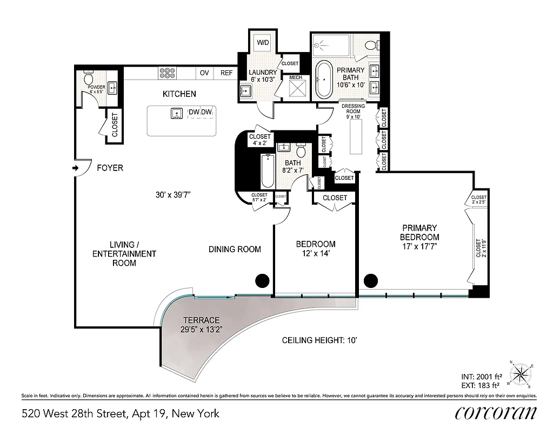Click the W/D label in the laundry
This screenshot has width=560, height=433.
pyautogui.click(x=263, y=42)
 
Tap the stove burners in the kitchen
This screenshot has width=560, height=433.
pyautogui.click(x=166, y=73)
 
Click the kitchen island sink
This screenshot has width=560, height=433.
pyautogui.click(x=176, y=113)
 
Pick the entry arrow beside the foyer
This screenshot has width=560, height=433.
pyautogui.click(x=75, y=168)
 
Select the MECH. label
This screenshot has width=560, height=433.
pyautogui.click(x=296, y=77)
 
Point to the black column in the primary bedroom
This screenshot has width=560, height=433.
pyautogui.click(x=370, y=280)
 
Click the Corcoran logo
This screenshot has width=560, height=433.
pyautogui.click(x=496, y=413)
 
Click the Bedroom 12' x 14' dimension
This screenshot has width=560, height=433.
pyautogui.click(x=316, y=253)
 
